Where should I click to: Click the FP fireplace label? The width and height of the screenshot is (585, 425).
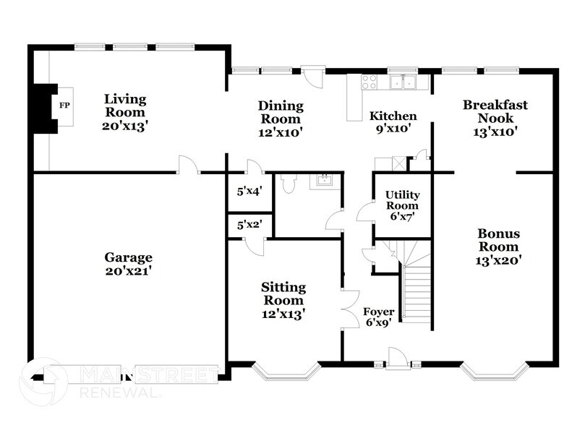[64, 106]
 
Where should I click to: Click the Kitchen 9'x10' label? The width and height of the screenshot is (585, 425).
[393, 122]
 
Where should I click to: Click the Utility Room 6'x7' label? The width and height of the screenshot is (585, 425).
[402, 205]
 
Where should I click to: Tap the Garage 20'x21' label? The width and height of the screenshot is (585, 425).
[127, 265]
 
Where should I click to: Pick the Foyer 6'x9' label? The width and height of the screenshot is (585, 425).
[378, 317]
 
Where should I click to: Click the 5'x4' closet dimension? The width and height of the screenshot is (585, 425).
[249, 192]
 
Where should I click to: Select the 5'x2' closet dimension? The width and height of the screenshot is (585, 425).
[249, 225]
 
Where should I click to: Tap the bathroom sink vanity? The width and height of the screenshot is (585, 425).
[323, 180]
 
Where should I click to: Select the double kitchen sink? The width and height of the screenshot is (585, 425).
[403, 82]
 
